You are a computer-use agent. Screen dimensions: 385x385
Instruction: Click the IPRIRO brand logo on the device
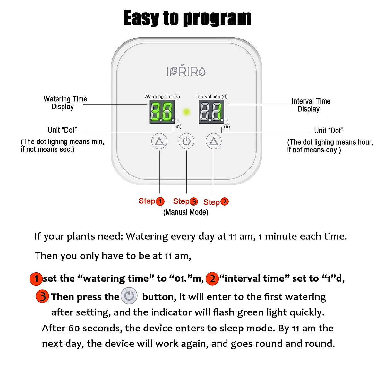coord(186,71)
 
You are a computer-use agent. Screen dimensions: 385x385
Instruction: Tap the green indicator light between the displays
coord(186,112)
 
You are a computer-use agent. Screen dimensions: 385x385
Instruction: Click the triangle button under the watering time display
coord(159,141)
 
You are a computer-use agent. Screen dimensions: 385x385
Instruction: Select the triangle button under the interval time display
coord(214,141)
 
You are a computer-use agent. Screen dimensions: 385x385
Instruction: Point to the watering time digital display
coord(162,112)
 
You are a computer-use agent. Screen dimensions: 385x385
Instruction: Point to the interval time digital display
coord(211,112)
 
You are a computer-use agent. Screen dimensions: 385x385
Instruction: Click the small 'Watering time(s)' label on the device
coord(162,96)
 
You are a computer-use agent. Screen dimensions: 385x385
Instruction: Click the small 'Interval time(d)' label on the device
coord(211,96)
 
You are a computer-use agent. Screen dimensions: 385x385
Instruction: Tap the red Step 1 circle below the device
coord(160,201)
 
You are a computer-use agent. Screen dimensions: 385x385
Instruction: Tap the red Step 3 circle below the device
coord(194,201)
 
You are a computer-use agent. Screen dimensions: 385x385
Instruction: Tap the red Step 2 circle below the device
coord(225,201)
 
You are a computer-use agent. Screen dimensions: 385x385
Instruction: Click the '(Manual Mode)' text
coord(186,212)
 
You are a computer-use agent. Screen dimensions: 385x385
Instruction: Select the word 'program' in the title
coord(217,18)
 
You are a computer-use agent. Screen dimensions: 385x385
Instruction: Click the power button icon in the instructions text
coord(129,296)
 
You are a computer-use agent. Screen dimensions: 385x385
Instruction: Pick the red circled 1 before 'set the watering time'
coord(36,278)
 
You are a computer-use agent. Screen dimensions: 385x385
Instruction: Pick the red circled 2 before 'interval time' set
coord(212,278)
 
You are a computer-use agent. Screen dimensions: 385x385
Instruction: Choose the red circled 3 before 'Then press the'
coord(42,296)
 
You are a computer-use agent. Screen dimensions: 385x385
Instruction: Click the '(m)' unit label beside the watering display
coord(178,127)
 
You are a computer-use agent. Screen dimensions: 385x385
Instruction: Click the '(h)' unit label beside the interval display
coord(227,127)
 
